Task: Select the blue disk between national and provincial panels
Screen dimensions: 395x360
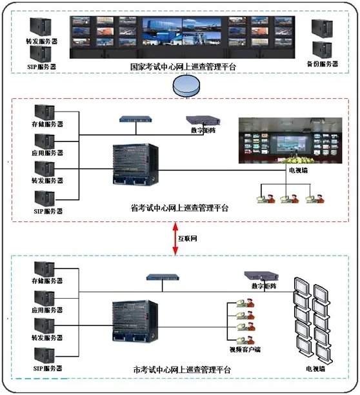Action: click(183, 86)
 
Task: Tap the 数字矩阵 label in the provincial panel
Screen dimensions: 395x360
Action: click(201, 131)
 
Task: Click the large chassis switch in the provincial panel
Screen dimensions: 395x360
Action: click(134, 171)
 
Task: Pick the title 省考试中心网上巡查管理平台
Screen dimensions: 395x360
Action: click(174, 208)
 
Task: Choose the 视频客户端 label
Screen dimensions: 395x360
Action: click(245, 350)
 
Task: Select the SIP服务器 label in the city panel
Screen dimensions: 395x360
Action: click(48, 368)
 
